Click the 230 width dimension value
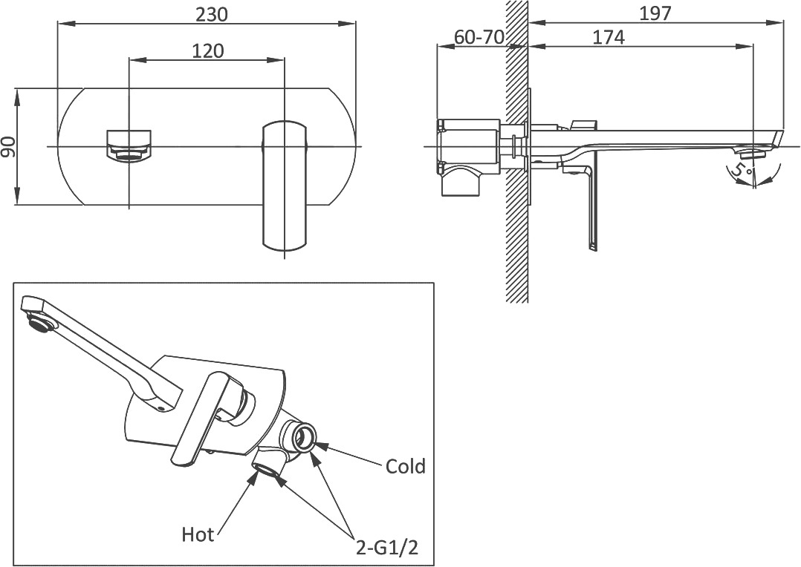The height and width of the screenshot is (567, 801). click(x=212, y=14)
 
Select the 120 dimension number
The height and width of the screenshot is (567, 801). click(x=208, y=50)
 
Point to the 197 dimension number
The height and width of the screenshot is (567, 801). click(x=655, y=14)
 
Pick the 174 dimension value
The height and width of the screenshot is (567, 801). click(x=609, y=38)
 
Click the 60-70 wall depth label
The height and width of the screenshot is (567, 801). click(x=479, y=37)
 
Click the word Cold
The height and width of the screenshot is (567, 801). click(x=405, y=466)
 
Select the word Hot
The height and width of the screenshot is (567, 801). click(x=198, y=534)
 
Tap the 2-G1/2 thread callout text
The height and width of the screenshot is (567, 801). click(x=387, y=548)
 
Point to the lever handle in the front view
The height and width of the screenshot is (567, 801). click(x=285, y=186)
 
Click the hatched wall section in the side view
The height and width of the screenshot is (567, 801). click(x=517, y=151)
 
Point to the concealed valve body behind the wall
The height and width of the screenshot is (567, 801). click(x=469, y=156)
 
